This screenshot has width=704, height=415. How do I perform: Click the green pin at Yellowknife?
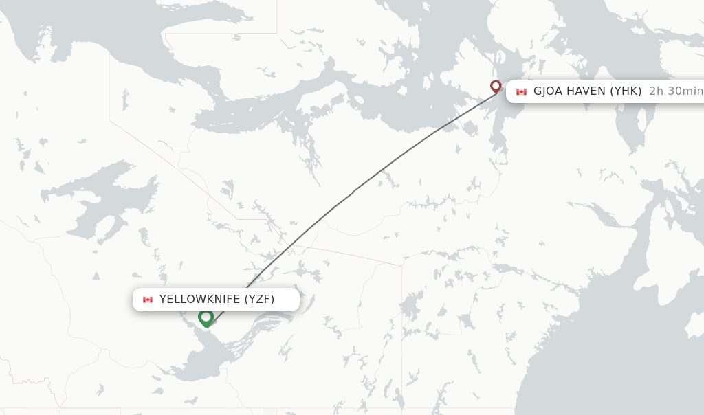pyautogui.click(x=206, y=318)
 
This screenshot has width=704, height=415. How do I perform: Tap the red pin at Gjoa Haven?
pyautogui.click(x=496, y=87)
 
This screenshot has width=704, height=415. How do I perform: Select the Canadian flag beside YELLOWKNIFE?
pyautogui.click(x=148, y=300)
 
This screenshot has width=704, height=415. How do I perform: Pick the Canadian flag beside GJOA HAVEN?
pyautogui.click(x=521, y=91)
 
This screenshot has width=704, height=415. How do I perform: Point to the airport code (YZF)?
pyautogui.click(x=259, y=299)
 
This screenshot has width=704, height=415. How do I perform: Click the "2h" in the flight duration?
pyautogui.click(x=657, y=91)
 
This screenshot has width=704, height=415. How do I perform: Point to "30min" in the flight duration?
pyautogui.click(x=685, y=91)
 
